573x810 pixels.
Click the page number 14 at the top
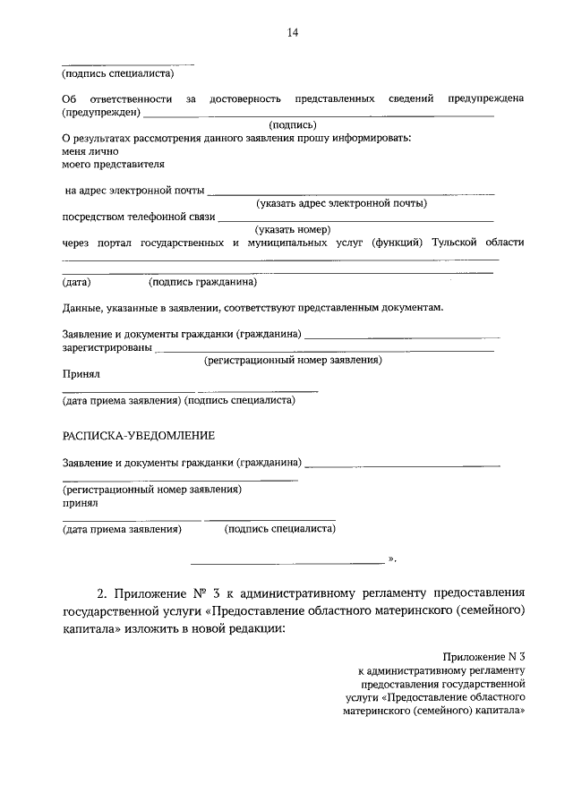coord(292,33)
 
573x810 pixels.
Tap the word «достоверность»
coord(245,98)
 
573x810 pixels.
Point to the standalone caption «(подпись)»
coord(293,125)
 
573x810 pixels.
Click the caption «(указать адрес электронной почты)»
coord(341,203)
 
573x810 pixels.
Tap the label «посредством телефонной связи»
coord(139,217)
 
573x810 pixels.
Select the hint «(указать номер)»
coord(294,229)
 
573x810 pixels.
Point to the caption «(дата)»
coord(76,283)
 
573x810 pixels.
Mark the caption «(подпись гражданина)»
coord(203,283)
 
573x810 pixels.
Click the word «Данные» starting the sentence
coord(81,308)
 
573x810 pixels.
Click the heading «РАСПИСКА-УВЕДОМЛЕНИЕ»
coord(138,436)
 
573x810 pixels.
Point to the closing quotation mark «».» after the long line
coord(391,559)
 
